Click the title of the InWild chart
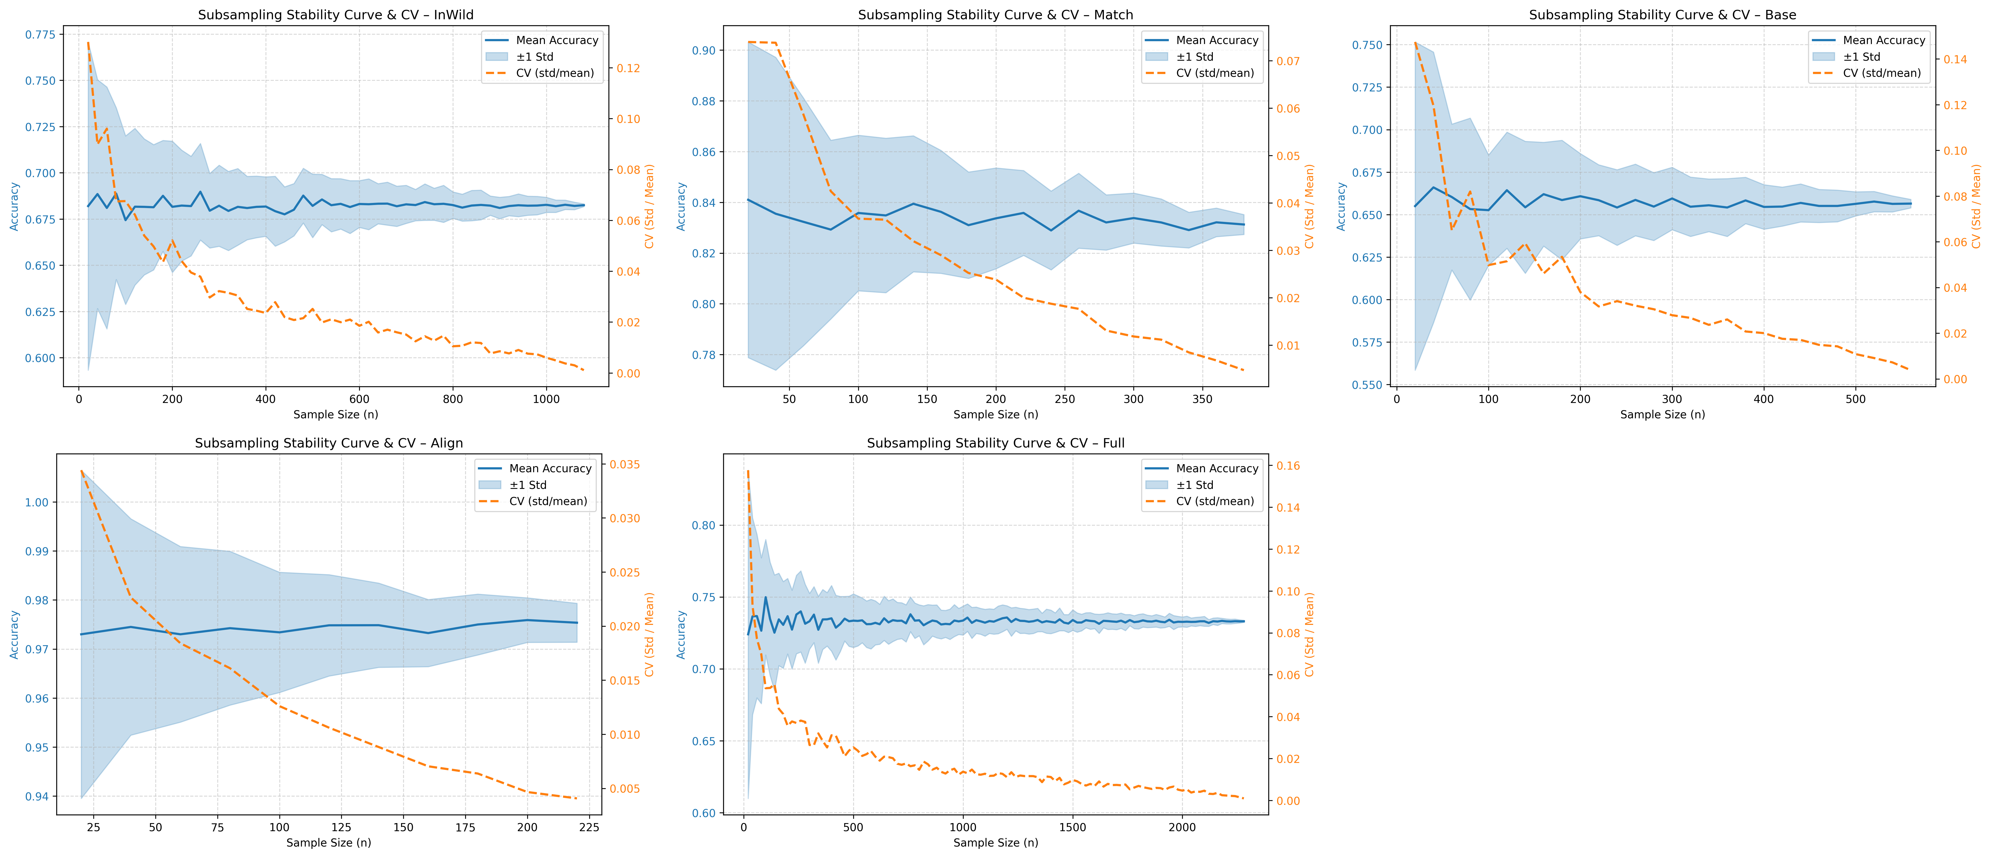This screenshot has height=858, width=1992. (336, 15)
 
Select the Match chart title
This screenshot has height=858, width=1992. (995, 15)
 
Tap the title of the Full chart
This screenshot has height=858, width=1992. (995, 443)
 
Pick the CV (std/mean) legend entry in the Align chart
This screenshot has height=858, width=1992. (548, 501)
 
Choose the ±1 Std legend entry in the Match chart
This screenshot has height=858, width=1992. (1195, 57)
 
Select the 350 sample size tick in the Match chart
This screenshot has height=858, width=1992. (1202, 399)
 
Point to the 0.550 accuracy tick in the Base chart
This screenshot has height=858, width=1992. (1367, 385)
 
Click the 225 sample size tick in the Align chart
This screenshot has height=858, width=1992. (589, 827)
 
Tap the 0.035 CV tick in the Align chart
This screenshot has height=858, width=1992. (625, 465)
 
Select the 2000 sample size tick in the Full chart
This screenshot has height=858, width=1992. (1182, 827)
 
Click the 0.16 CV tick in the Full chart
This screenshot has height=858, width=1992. (1288, 466)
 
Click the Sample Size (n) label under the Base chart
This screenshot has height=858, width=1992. (1663, 414)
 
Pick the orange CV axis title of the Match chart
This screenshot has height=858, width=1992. (1309, 206)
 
